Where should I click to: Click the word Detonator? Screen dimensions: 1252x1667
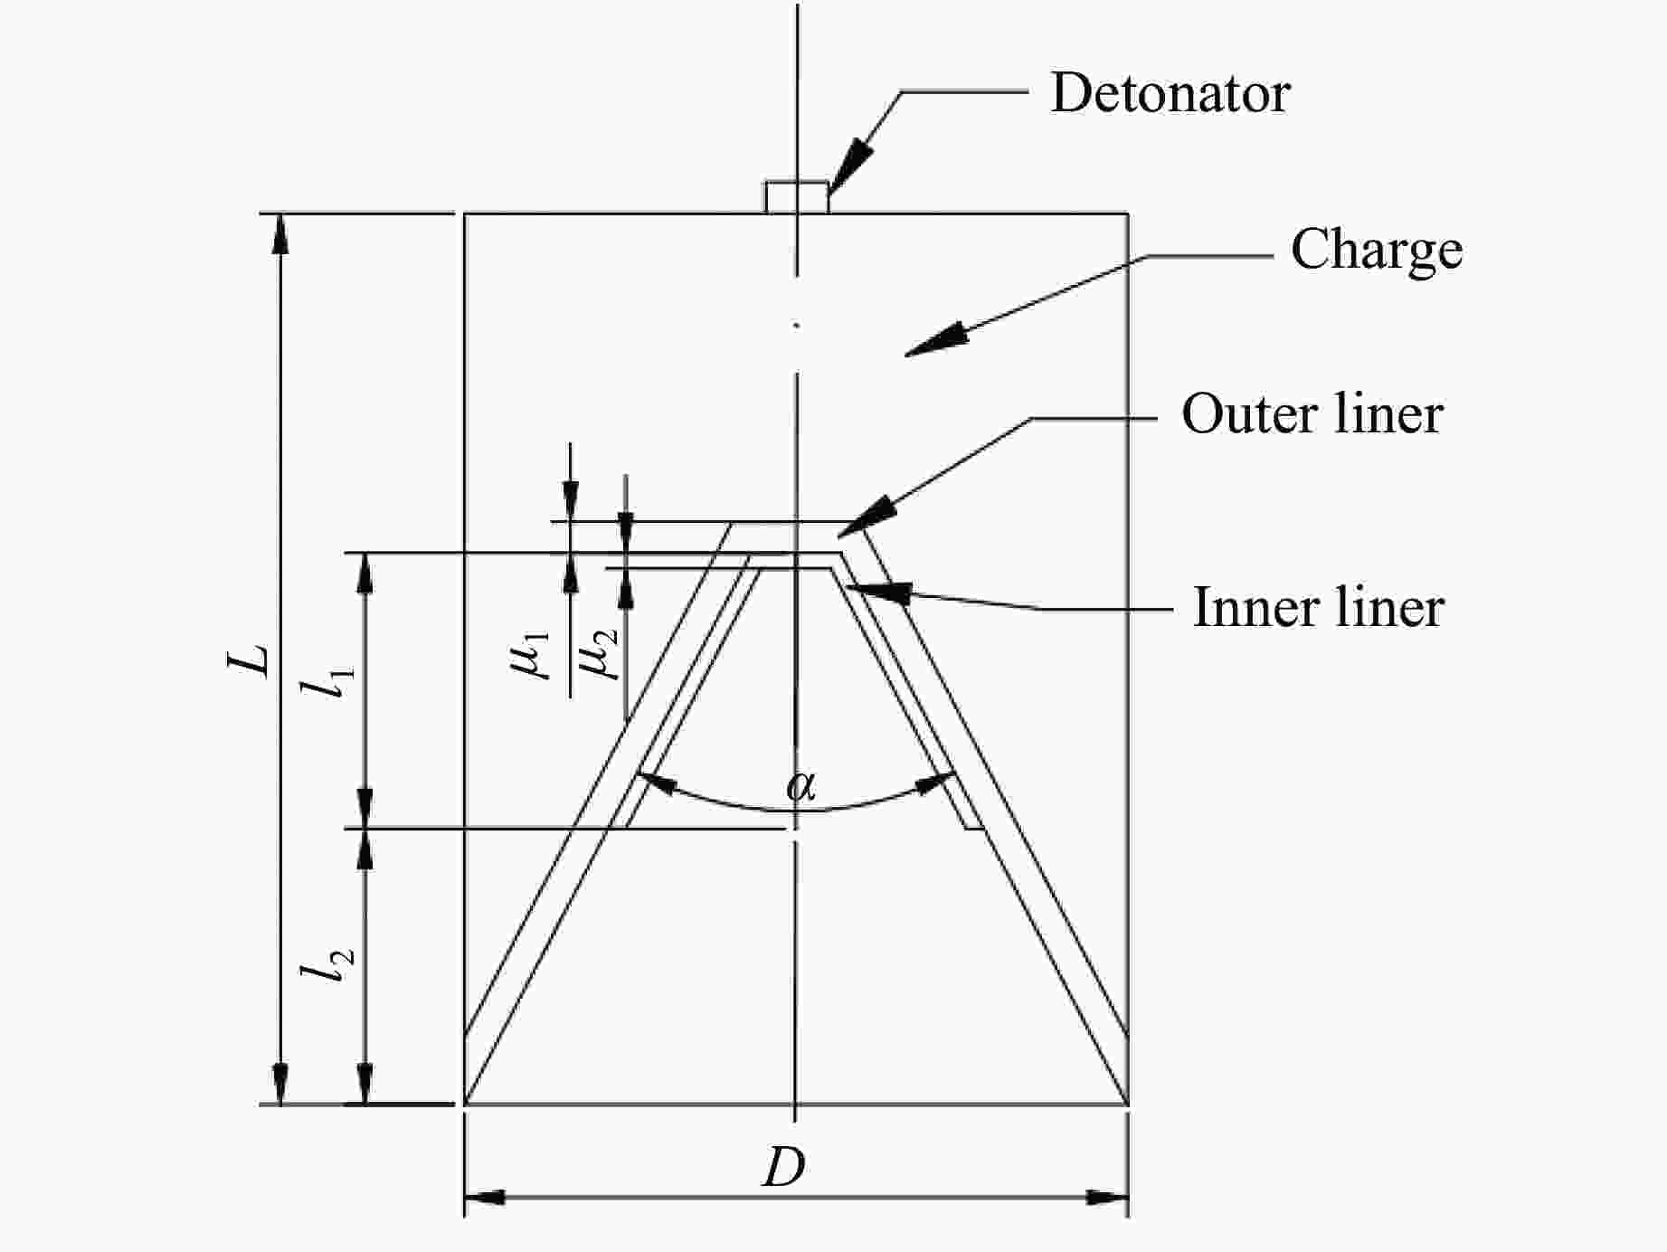[x=1170, y=93]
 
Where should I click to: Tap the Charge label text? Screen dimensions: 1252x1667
[x=1376, y=250]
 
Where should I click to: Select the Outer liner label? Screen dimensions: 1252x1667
[x=1312, y=415]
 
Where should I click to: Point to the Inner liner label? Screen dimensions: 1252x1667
[x=1318, y=607]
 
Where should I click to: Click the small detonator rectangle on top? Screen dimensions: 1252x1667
[x=797, y=197]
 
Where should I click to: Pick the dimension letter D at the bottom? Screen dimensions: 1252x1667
[x=783, y=1168]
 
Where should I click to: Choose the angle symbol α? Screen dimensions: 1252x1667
[x=800, y=785]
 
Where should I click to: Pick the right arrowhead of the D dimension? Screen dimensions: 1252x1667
[x=1107, y=1198]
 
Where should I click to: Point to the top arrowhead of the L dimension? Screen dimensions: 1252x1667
[x=280, y=234]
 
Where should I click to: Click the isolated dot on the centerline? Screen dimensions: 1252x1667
[x=796, y=325]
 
